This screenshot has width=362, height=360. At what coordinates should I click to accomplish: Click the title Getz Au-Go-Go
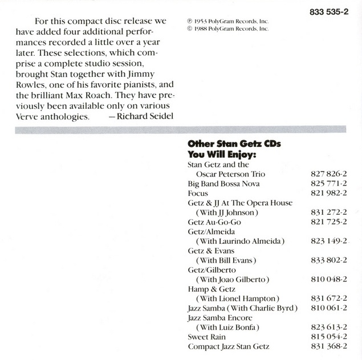[x=210, y=222]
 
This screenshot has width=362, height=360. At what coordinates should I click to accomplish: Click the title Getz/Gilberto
[x=209, y=270]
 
